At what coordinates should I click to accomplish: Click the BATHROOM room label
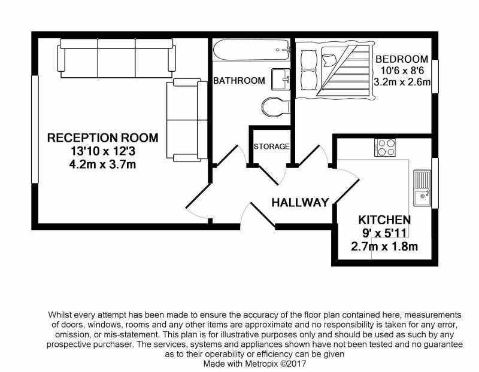point(239,81)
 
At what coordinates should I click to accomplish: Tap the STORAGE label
point(271,147)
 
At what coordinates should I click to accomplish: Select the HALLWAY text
point(300,202)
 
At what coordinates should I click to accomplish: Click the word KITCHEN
point(384,219)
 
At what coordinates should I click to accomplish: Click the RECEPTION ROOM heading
point(102,138)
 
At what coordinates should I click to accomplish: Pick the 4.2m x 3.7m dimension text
point(102,164)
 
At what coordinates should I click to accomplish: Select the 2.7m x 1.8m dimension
point(384,246)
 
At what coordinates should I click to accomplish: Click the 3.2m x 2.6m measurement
point(402,82)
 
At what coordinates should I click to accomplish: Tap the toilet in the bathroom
point(276,107)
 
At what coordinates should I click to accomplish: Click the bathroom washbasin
point(280,80)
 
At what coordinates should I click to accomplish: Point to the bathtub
point(251,50)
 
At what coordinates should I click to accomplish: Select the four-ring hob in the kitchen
point(385,147)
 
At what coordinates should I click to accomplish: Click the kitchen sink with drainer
point(422,188)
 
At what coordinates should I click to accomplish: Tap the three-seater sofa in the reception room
point(116,58)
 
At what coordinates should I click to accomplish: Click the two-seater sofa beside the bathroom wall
point(187,120)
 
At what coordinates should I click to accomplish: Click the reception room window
point(35,129)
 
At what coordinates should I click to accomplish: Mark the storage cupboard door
point(269,175)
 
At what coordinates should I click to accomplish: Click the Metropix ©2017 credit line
point(254,364)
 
